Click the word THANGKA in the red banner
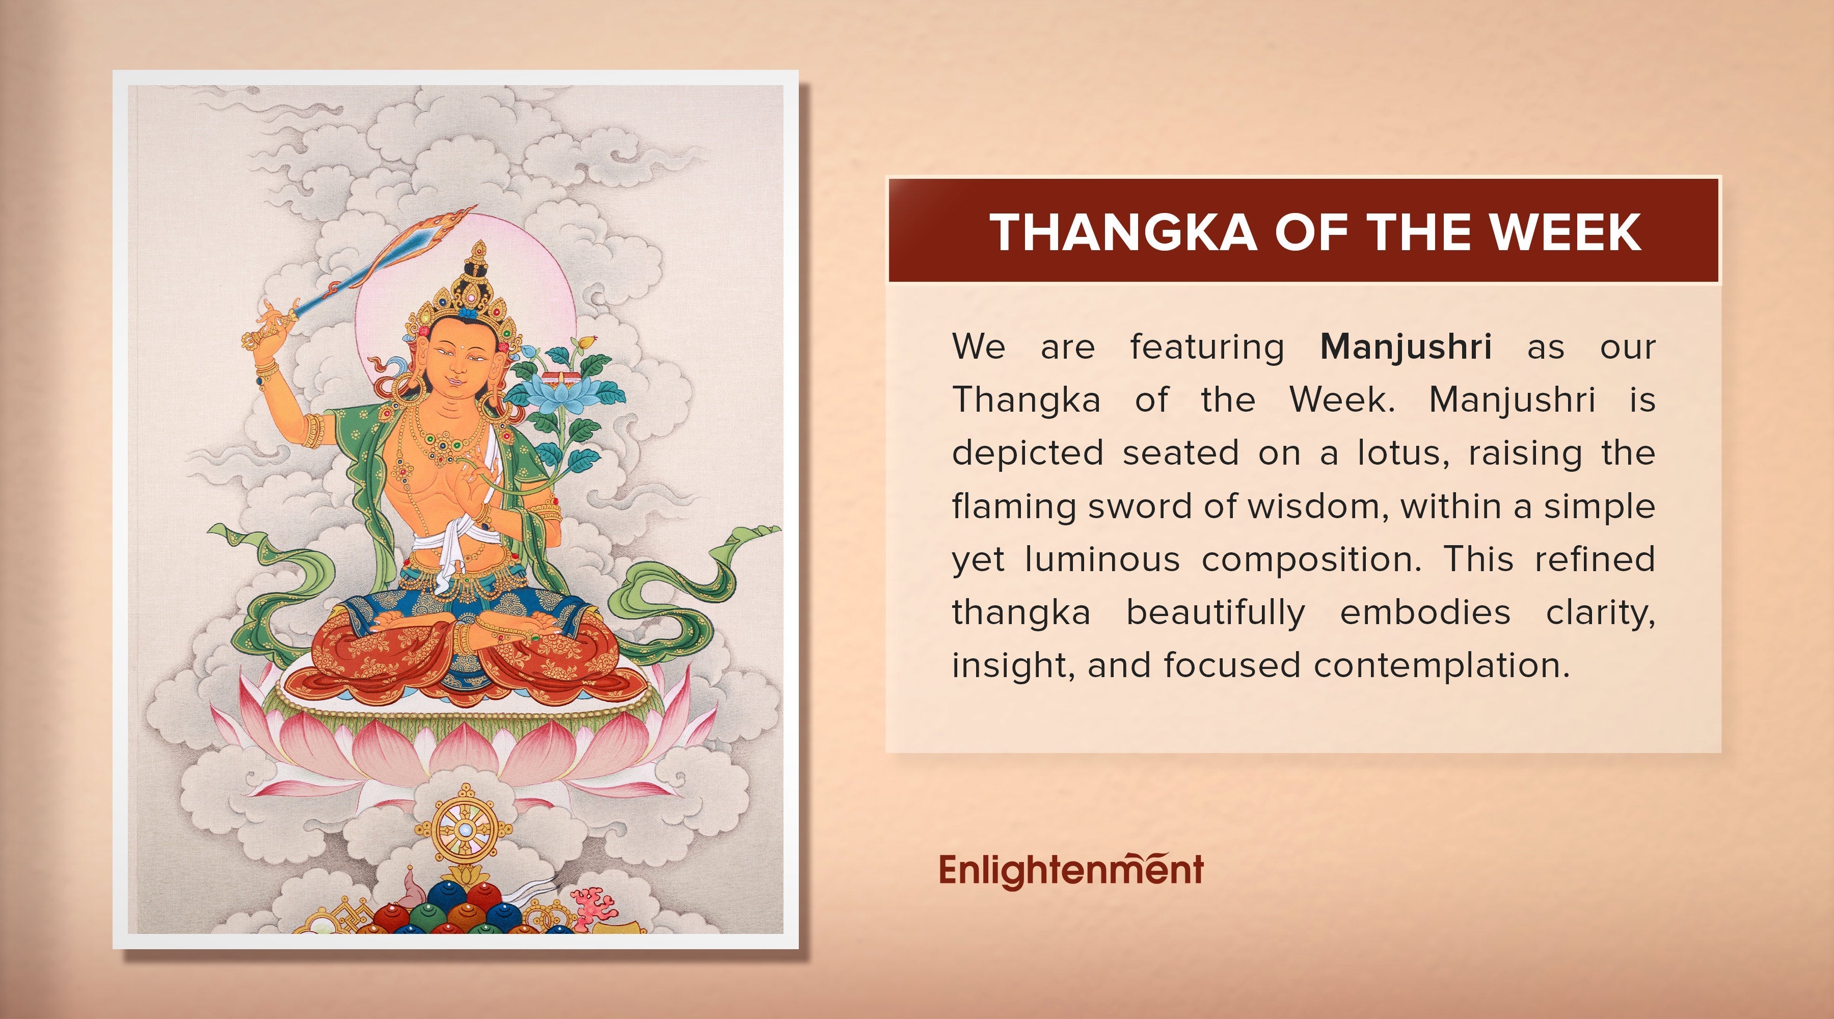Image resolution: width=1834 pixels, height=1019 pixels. (x=1122, y=232)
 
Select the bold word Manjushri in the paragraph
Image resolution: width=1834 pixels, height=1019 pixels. (x=1406, y=347)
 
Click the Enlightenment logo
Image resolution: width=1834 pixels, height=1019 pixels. (x=1071, y=869)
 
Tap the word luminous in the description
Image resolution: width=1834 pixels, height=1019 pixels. (x=1102, y=559)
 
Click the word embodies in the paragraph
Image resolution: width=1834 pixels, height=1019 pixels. (x=1425, y=612)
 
